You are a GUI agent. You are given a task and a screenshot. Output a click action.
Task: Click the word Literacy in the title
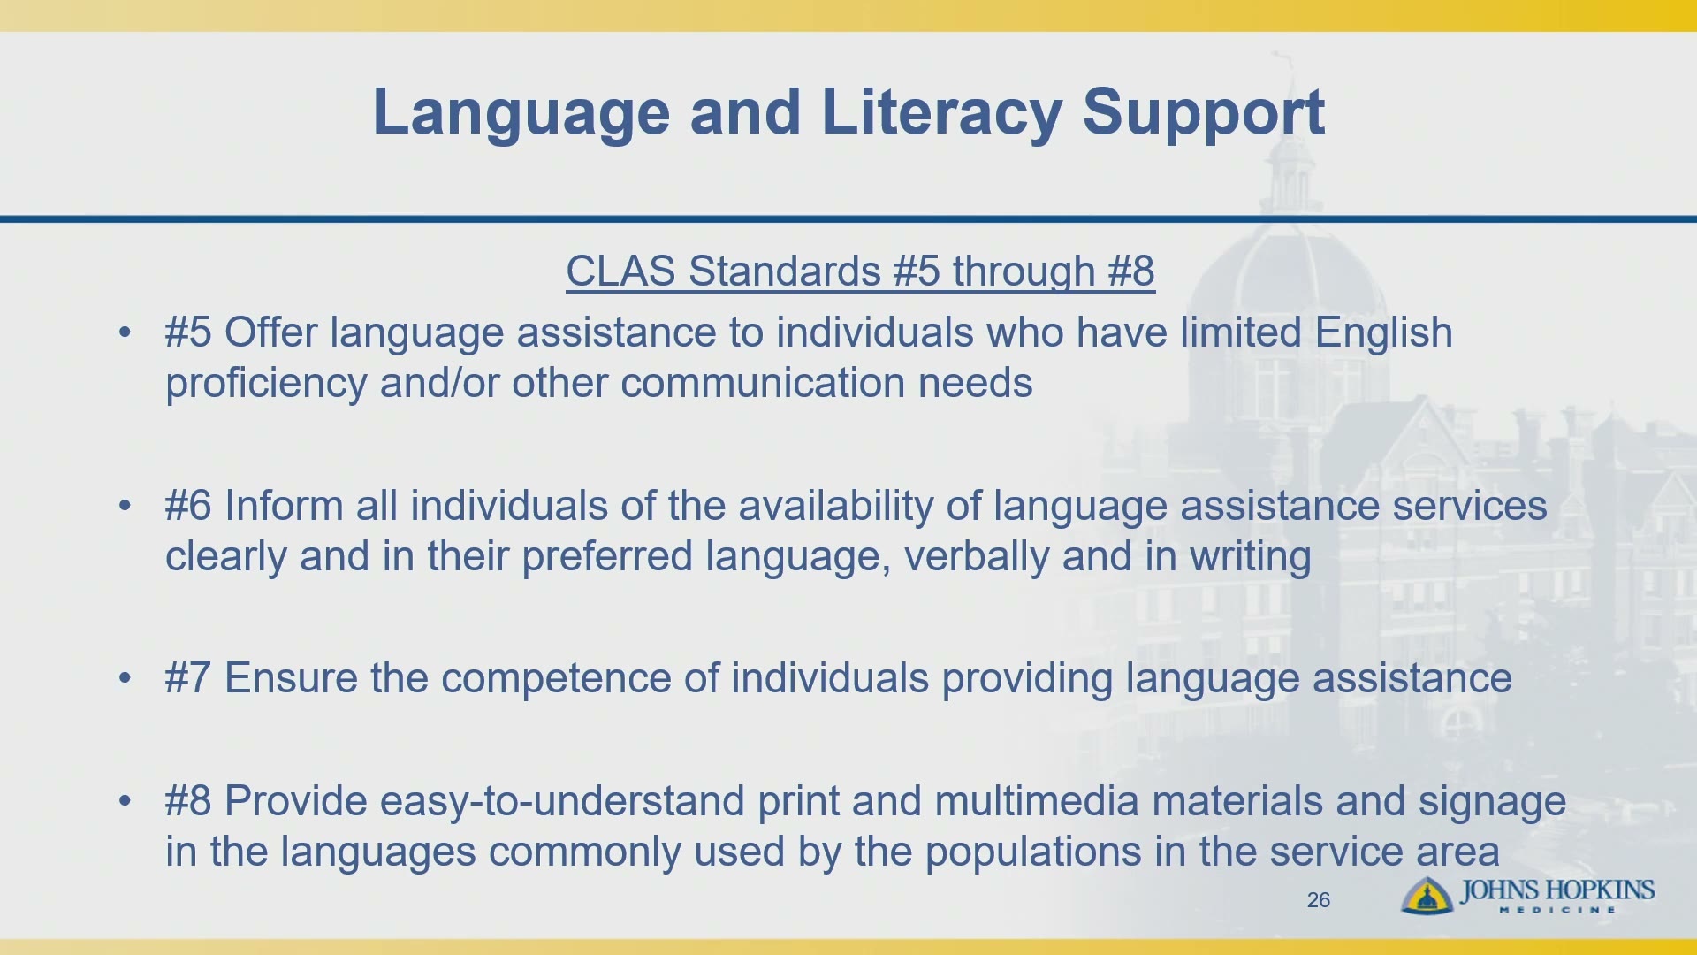coord(941,114)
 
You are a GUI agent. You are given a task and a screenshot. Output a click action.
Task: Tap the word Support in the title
coord(1203,114)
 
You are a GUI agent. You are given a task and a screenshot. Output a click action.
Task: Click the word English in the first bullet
coord(1383,334)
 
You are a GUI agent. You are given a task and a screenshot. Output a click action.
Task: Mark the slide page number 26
coord(1318,900)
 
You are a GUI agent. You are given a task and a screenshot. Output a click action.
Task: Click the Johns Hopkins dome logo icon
coord(1426,895)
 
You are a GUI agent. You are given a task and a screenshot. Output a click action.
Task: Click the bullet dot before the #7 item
coord(125,678)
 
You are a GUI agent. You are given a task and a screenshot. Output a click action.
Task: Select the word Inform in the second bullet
coord(284,506)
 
